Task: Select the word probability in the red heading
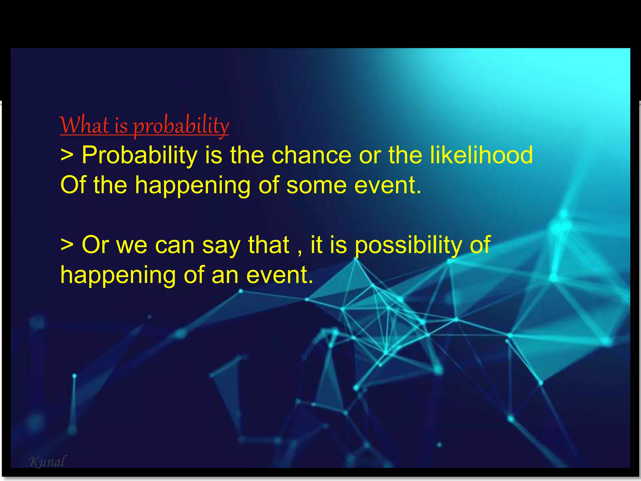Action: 181,126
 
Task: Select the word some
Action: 316,185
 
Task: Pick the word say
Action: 221,245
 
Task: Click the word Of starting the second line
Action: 73,185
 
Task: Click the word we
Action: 131,245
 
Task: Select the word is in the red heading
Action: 121,126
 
